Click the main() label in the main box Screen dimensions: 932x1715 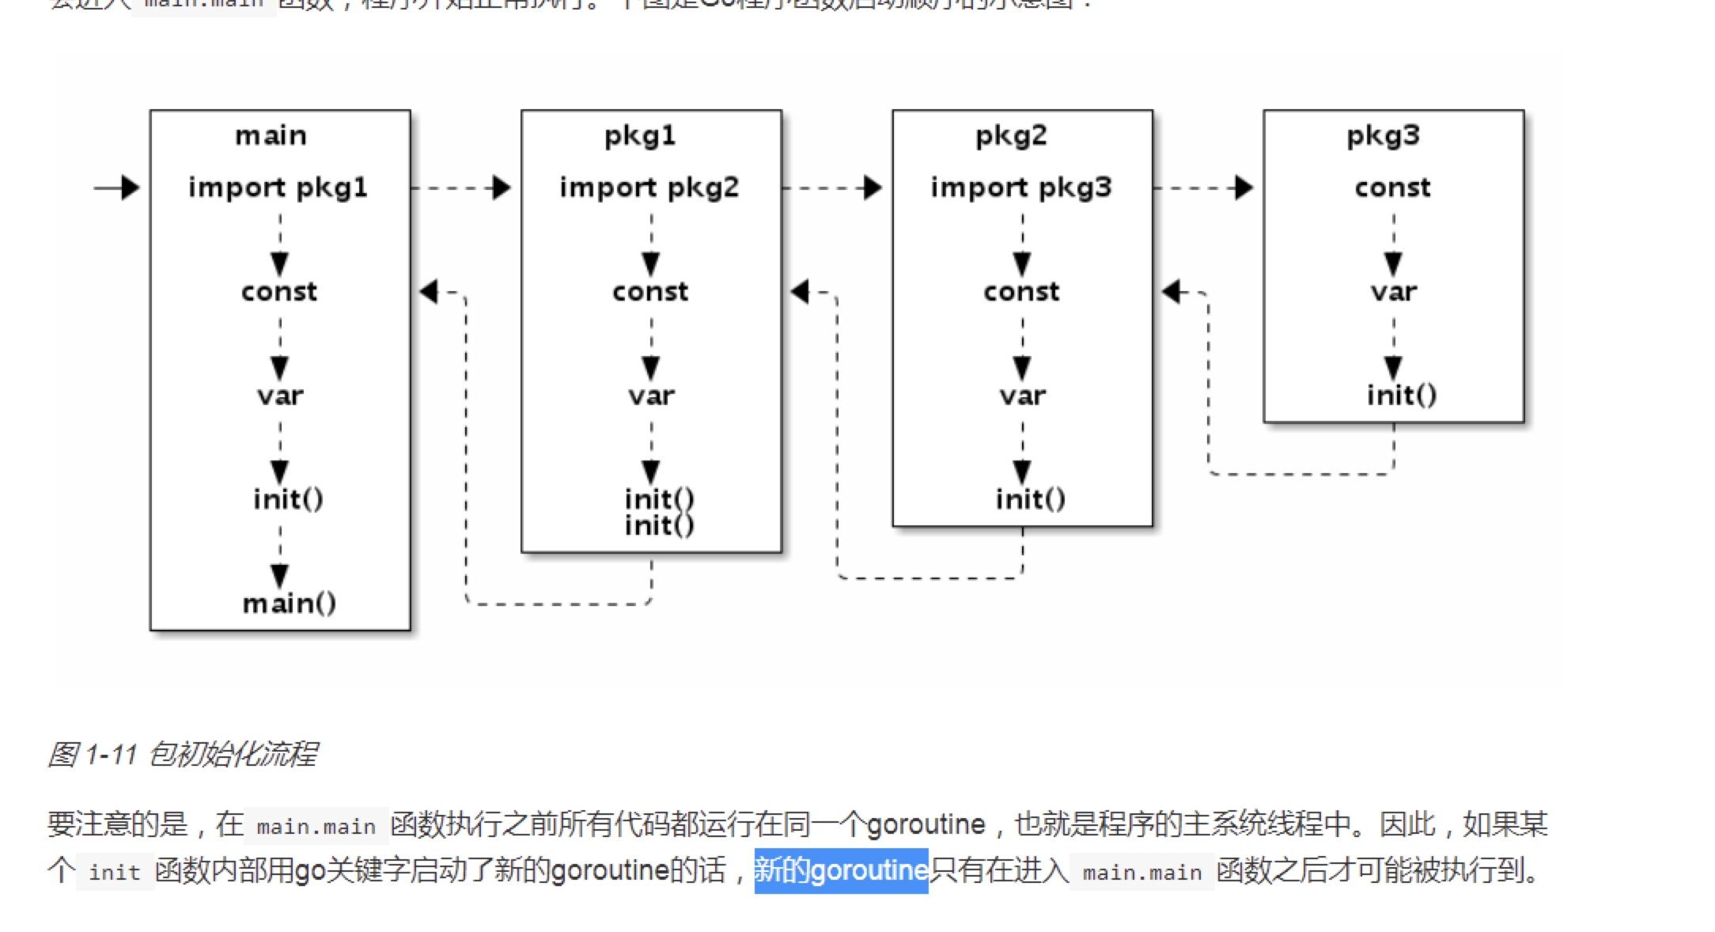pos(289,604)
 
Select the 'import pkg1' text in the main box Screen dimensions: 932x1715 pos(278,188)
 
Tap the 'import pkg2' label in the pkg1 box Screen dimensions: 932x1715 pos(649,188)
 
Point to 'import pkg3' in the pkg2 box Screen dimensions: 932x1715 pos(1021,188)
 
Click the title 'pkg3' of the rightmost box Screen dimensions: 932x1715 pos(1383,136)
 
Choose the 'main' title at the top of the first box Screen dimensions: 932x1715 pos(271,136)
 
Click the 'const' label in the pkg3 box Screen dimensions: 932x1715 pos(1393,188)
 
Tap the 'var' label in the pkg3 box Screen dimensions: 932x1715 pos(1394,292)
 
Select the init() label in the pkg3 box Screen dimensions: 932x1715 pos(1402,395)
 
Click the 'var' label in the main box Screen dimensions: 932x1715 pos(280,396)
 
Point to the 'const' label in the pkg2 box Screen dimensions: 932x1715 pos(1021,292)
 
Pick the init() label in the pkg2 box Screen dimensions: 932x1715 pos(1030,499)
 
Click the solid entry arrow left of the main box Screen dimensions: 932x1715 pos(117,188)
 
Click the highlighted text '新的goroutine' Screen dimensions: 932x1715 pos(841,870)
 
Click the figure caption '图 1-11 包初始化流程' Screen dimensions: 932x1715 pos(182,754)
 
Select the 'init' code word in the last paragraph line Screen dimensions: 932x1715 pos(115,872)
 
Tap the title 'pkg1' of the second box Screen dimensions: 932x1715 pos(640,136)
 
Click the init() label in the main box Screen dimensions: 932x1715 pos(288,499)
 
